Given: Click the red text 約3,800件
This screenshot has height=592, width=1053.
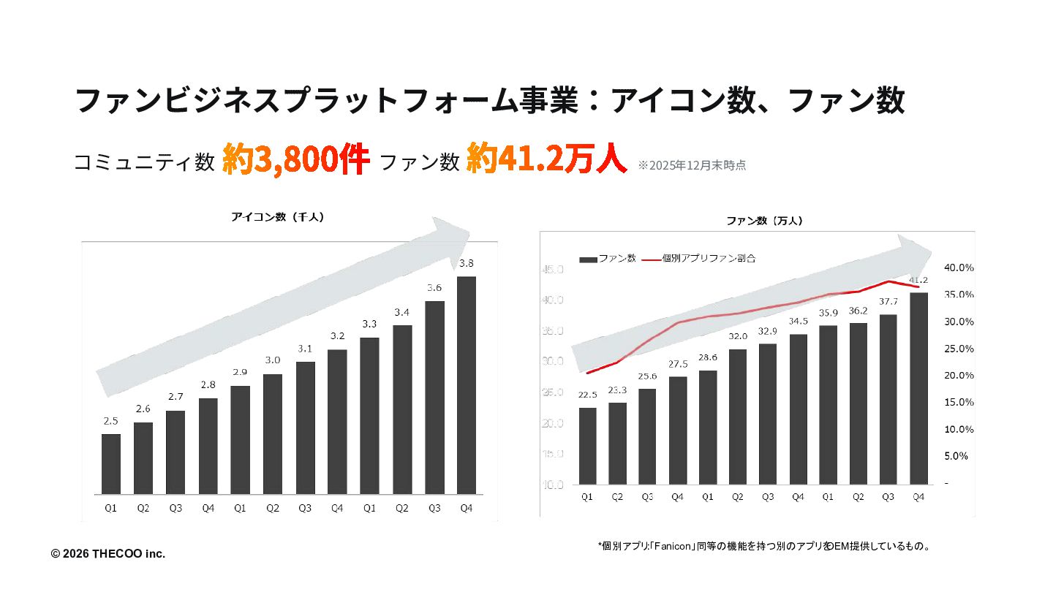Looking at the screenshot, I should [295, 159].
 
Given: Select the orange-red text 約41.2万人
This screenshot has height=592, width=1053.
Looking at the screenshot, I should [546, 159].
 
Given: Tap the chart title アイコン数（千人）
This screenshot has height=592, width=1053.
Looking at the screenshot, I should [277, 217].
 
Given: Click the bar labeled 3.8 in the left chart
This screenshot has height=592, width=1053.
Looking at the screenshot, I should [467, 384].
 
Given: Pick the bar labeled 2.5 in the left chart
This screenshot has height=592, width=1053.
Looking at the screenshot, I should [111, 463].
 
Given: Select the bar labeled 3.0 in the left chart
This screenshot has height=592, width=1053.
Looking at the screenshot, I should [273, 433].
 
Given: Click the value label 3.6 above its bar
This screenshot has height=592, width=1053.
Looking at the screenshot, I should [434, 287].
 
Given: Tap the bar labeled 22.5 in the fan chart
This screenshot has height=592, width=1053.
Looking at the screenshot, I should [588, 445].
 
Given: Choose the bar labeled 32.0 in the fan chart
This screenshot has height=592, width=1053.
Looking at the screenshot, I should [738, 416].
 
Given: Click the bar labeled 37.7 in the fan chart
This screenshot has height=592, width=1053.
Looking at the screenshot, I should [888, 398].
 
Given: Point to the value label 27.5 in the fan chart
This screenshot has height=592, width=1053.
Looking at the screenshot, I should [678, 364].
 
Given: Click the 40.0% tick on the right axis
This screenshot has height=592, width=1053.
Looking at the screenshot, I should [959, 268].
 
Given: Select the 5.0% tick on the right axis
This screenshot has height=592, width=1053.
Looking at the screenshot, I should [957, 456].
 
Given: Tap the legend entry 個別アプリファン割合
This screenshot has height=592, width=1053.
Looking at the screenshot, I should [709, 258].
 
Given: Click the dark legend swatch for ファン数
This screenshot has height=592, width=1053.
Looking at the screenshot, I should [588, 259].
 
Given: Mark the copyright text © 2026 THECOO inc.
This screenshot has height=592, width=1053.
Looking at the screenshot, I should [108, 554].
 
